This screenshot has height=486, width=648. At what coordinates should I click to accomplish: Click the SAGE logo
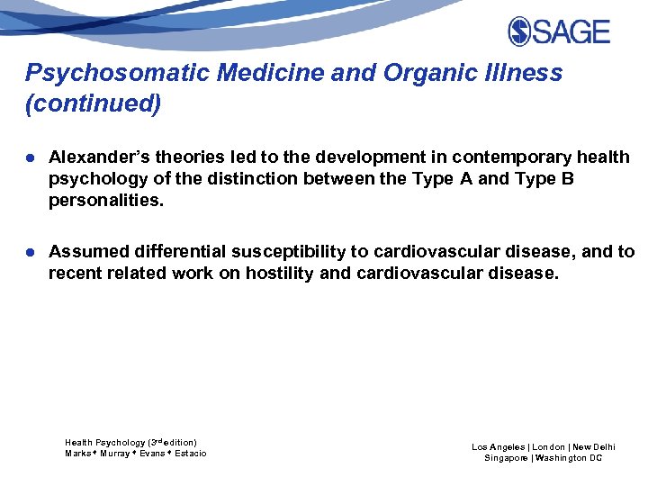coord(559,32)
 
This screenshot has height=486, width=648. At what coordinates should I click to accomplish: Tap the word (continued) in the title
coord(94,104)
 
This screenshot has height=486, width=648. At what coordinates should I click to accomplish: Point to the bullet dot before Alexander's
coord(31,157)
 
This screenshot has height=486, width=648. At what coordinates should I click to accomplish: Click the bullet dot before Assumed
coord(31,252)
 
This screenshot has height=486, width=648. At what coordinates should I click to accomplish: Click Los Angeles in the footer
coord(499,446)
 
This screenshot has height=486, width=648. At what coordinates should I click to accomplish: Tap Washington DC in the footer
coord(570,458)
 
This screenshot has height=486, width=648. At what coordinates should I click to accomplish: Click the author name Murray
coord(116,454)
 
